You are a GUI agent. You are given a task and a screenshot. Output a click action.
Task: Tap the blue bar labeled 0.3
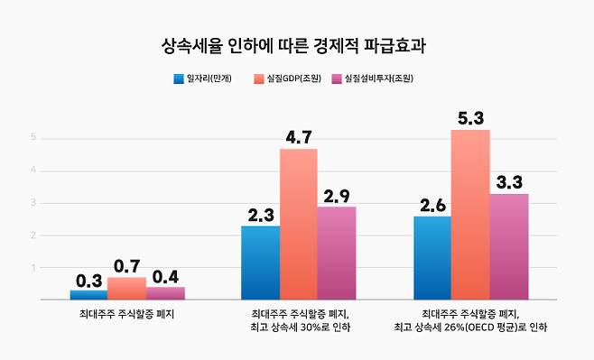[88, 294]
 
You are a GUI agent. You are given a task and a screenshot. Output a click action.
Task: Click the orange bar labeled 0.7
[126, 288]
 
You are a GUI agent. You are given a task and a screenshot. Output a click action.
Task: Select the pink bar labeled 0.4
[165, 292]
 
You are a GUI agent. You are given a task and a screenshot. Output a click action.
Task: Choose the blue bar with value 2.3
[260, 262]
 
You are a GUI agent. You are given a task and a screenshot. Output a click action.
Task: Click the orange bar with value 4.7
[298, 224]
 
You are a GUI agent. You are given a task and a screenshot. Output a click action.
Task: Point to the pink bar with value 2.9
[337, 253]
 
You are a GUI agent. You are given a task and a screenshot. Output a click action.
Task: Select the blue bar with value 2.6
[432, 257]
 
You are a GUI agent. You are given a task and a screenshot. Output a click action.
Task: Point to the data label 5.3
[470, 118]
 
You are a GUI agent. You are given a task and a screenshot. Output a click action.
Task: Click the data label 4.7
[298, 137]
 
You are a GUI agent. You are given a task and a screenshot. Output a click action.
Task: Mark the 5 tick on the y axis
[33, 138]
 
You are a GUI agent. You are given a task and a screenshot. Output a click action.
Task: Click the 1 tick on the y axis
[33, 268]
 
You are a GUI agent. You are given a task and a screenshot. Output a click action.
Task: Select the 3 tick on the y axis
[33, 203]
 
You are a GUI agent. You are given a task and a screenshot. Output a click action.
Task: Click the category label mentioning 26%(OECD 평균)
[470, 320]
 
